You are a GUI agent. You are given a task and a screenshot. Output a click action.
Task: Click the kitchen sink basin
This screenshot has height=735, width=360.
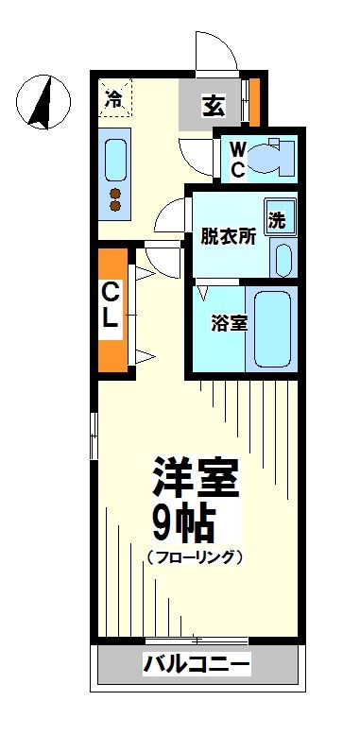click(x=116, y=160)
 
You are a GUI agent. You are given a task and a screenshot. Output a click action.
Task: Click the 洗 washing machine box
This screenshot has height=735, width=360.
click(x=279, y=219)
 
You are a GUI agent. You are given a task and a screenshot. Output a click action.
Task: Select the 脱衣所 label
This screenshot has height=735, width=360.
click(x=228, y=237)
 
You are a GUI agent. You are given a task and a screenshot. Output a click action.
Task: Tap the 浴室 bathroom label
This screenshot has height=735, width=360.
click(x=229, y=322)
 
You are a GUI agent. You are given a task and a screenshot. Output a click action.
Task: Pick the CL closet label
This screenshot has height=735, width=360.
click(x=111, y=305)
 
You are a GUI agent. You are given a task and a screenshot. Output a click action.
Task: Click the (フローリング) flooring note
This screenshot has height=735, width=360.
click(x=196, y=557)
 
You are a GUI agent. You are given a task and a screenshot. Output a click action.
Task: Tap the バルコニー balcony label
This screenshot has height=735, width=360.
click(x=197, y=665)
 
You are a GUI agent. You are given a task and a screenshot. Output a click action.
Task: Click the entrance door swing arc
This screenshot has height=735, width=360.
click(x=213, y=49)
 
